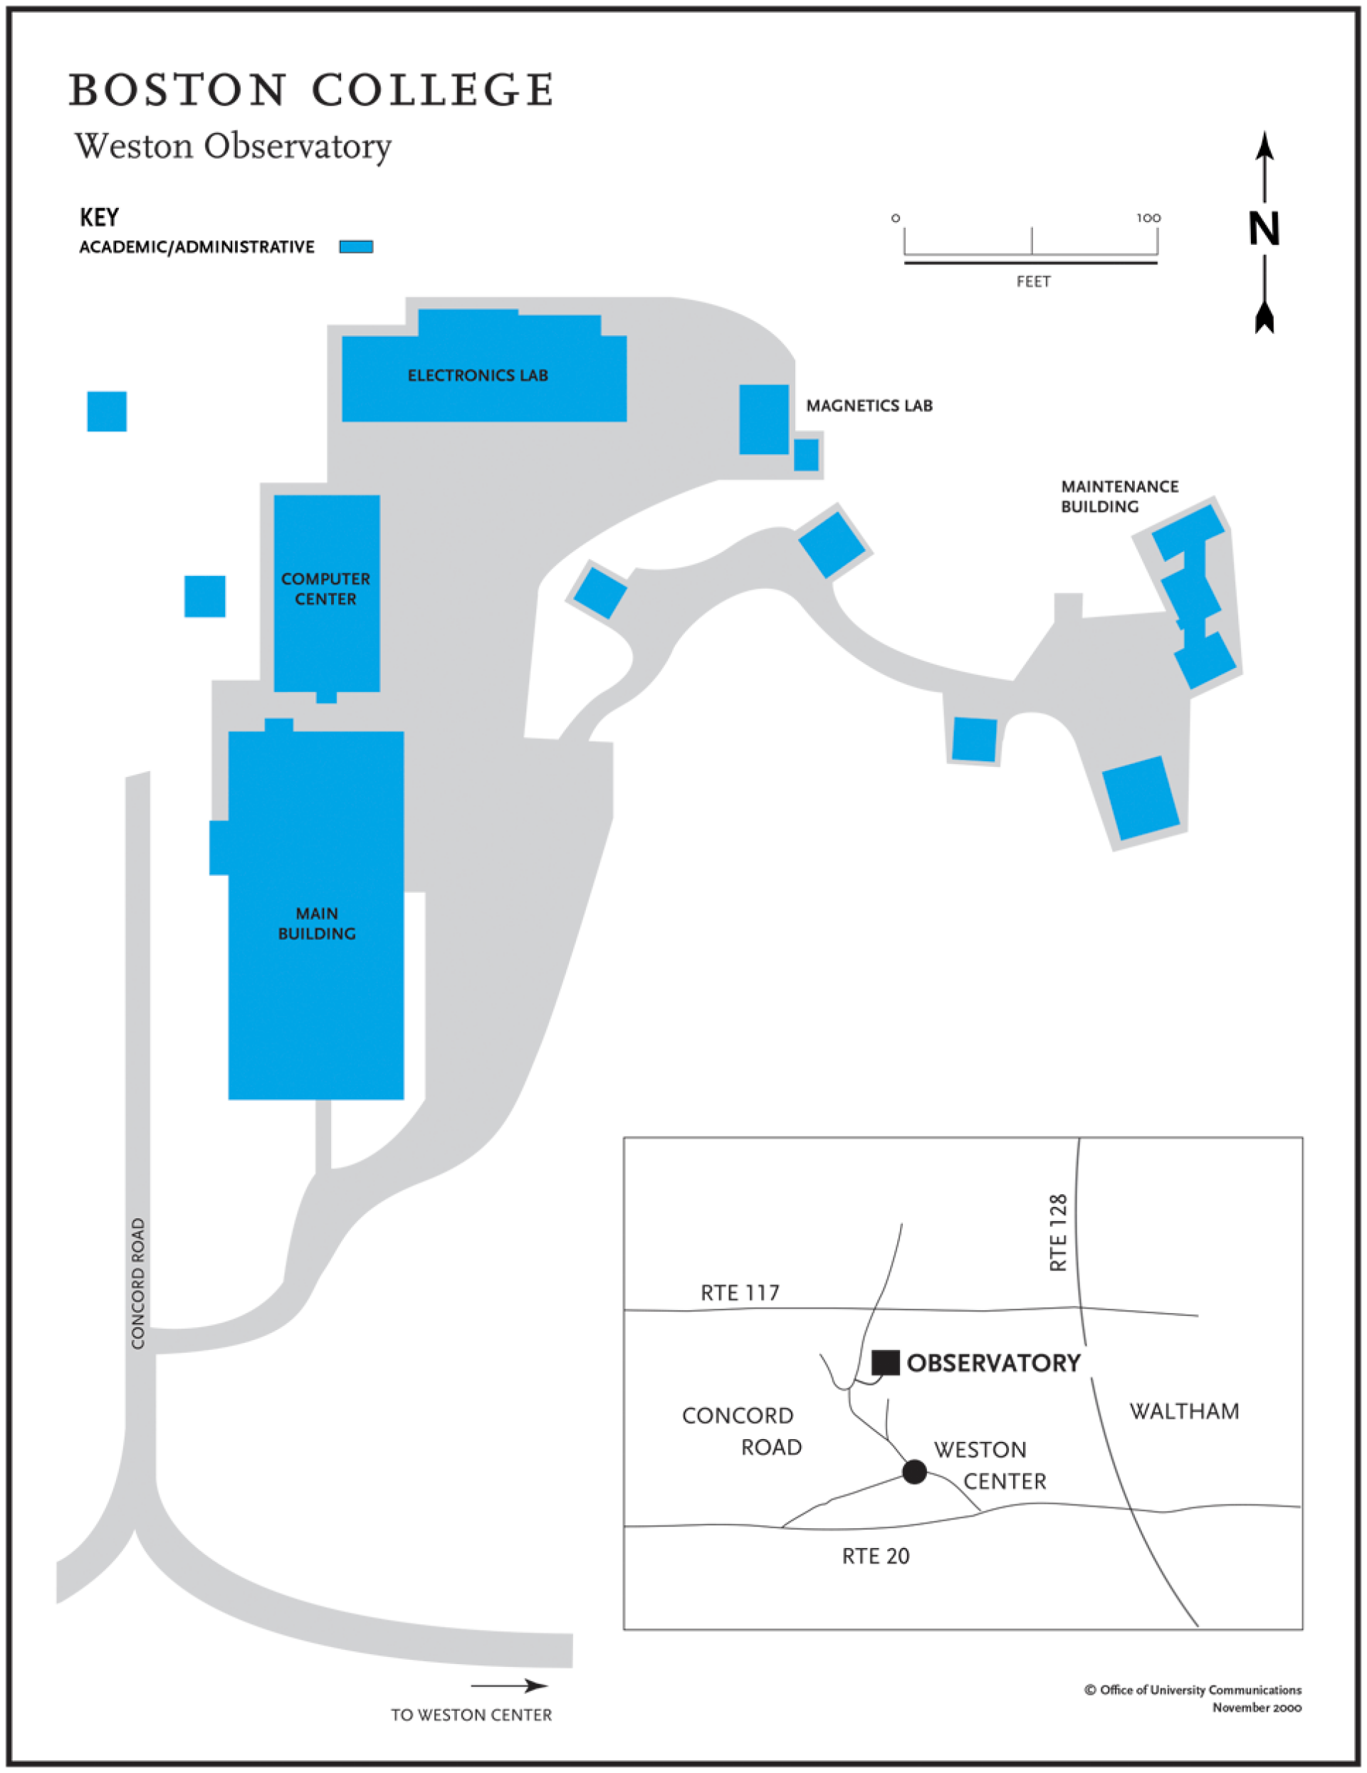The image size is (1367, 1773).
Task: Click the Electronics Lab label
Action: pyautogui.click(x=477, y=375)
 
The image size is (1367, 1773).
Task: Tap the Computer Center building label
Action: pyautogui.click(x=325, y=589)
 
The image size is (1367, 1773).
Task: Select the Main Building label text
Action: pyautogui.click(x=317, y=923)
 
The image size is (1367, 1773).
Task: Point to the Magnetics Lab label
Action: pyautogui.click(x=869, y=405)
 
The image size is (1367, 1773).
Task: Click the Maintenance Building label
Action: pyautogui.click(x=1119, y=496)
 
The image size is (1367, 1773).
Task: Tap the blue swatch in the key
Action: pyautogui.click(x=355, y=247)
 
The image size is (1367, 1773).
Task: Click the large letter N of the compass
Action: pyautogui.click(x=1263, y=229)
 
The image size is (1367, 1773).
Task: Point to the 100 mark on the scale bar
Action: pyautogui.click(x=1148, y=218)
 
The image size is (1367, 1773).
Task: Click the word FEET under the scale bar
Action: pyautogui.click(x=1032, y=282)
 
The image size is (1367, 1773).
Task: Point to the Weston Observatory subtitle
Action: pyautogui.click(x=233, y=146)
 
